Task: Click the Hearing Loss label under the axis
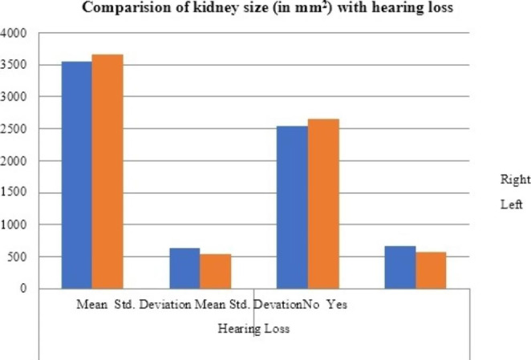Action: [x=254, y=329]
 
